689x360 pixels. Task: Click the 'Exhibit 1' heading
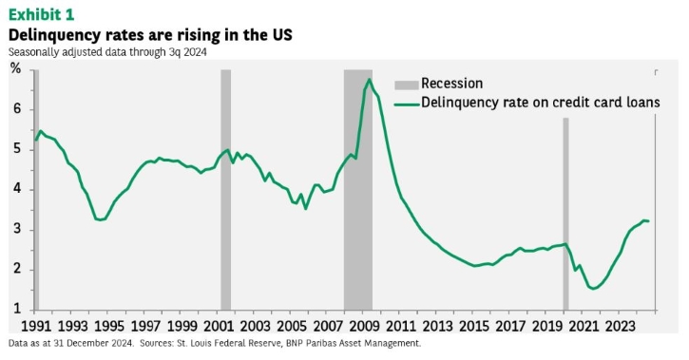(x=41, y=14)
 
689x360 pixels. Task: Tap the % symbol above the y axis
(x=16, y=68)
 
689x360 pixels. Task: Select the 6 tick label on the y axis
(x=17, y=109)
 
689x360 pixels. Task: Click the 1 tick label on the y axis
(x=17, y=309)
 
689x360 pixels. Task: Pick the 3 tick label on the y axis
(x=17, y=230)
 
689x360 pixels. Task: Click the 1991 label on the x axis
(x=36, y=326)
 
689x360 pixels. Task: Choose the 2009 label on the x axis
(x=365, y=326)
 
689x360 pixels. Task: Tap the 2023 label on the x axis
(x=620, y=326)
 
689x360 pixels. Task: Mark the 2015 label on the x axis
(x=474, y=326)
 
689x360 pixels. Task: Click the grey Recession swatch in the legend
(x=406, y=85)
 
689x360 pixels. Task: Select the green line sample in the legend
(x=406, y=104)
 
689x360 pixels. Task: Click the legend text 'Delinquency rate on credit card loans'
(x=541, y=103)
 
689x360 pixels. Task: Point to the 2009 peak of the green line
(x=370, y=79)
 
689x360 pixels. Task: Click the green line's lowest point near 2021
(x=594, y=289)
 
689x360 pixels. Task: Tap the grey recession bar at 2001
(x=225, y=190)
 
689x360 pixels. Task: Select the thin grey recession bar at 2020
(x=565, y=214)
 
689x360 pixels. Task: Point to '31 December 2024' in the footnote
(x=93, y=343)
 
